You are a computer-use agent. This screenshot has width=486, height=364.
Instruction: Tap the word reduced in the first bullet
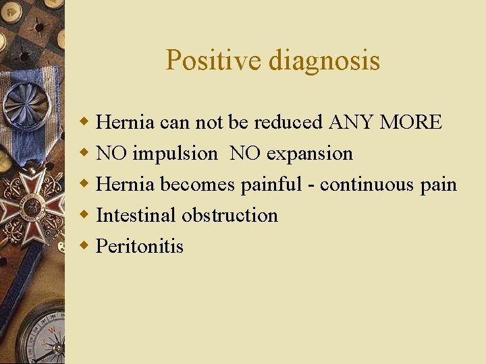289,123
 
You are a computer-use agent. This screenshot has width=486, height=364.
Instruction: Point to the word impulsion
175,154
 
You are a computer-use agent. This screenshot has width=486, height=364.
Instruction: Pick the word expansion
309,154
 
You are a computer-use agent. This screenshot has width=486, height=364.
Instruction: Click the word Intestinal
136,216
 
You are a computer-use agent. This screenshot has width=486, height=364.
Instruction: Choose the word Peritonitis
140,247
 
